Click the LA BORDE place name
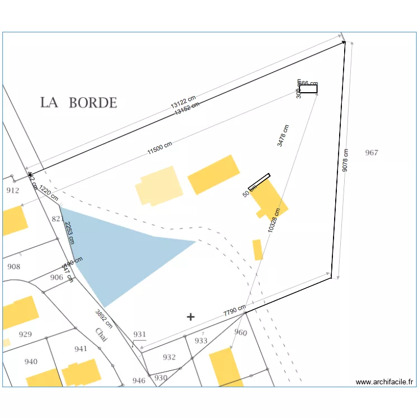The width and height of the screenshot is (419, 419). pyautogui.click(x=78, y=103)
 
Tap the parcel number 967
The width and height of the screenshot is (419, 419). pyautogui.click(x=372, y=153)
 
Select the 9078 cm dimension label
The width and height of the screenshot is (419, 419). pyautogui.click(x=346, y=160)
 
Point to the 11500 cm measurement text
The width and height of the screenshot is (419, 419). pyautogui.click(x=160, y=149)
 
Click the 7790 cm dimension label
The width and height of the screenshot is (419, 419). pyautogui.click(x=235, y=311)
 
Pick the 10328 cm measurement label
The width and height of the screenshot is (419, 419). pyautogui.click(x=274, y=221)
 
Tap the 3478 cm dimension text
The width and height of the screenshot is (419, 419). pyautogui.click(x=284, y=136)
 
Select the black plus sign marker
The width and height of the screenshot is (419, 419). pyautogui.click(x=191, y=317)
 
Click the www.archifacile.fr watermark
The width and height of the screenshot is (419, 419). pyautogui.click(x=385, y=382)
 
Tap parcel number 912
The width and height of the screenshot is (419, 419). pyautogui.click(x=12, y=190)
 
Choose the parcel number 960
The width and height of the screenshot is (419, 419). pyautogui.click(x=240, y=333)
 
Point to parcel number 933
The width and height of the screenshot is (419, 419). pyautogui.click(x=201, y=340)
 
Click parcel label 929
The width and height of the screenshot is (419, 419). pyautogui.click(x=25, y=335)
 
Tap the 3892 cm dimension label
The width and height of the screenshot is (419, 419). pyautogui.click(x=104, y=318)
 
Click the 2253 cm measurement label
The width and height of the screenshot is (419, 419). pyautogui.click(x=69, y=232)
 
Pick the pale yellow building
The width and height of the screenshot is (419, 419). pyautogui.click(x=160, y=186)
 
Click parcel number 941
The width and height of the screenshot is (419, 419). pyautogui.click(x=81, y=349)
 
